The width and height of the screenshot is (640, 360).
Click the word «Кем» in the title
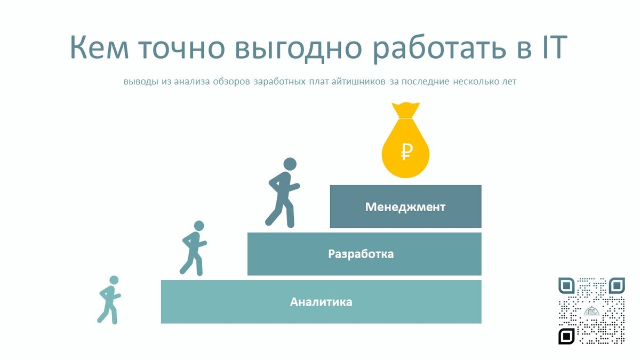coord(99,48)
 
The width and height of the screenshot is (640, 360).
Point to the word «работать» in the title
coord(432,48)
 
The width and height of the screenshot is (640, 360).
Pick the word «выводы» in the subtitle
coord(140,82)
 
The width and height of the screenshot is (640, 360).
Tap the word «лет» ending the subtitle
coord(509,82)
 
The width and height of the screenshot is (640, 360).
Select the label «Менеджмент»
coord(405,207)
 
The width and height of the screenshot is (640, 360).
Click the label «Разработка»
coord(361,254)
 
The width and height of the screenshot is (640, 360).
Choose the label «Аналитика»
coord(321,302)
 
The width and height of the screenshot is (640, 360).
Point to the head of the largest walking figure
coord(290,164)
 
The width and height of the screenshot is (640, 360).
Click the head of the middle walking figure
coord(199,226)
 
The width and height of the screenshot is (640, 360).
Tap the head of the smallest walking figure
coord(114,280)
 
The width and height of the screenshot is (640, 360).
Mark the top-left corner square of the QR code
coord(566,286)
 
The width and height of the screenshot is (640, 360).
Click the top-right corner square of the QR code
coord(617,286)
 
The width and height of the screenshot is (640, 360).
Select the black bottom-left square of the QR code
coord(566,336)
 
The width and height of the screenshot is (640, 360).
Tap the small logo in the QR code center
coord(591,311)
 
